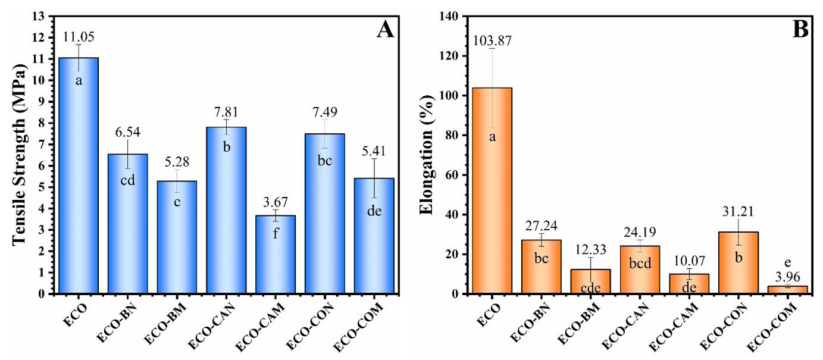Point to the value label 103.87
coord(492,40)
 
